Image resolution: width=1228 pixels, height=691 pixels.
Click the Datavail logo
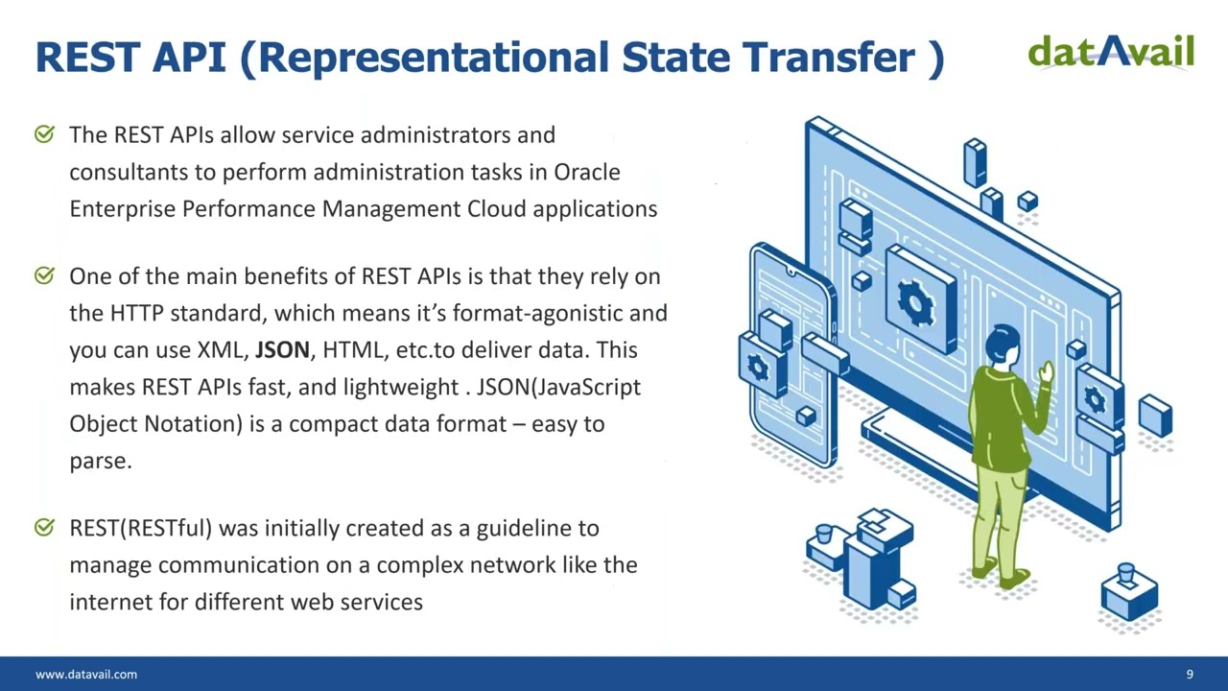coord(1111,52)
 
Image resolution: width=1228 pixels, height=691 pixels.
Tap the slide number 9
coord(1190,674)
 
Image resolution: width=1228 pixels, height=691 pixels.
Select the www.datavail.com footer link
coord(86,674)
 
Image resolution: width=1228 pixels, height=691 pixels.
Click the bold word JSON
coord(282,350)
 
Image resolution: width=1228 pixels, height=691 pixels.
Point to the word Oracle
coord(586,172)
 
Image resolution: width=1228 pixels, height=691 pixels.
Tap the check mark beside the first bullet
coord(44,133)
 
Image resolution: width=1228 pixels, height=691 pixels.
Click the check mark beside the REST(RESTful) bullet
coord(44,527)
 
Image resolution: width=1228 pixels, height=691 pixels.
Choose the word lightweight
coord(401,388)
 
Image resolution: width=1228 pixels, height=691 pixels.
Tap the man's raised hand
coord(1047,371)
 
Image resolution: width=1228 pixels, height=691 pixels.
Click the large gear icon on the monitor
coord(915,302)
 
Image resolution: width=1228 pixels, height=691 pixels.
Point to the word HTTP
coord(136,313)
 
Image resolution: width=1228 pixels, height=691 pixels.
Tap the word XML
coord(223,350)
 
